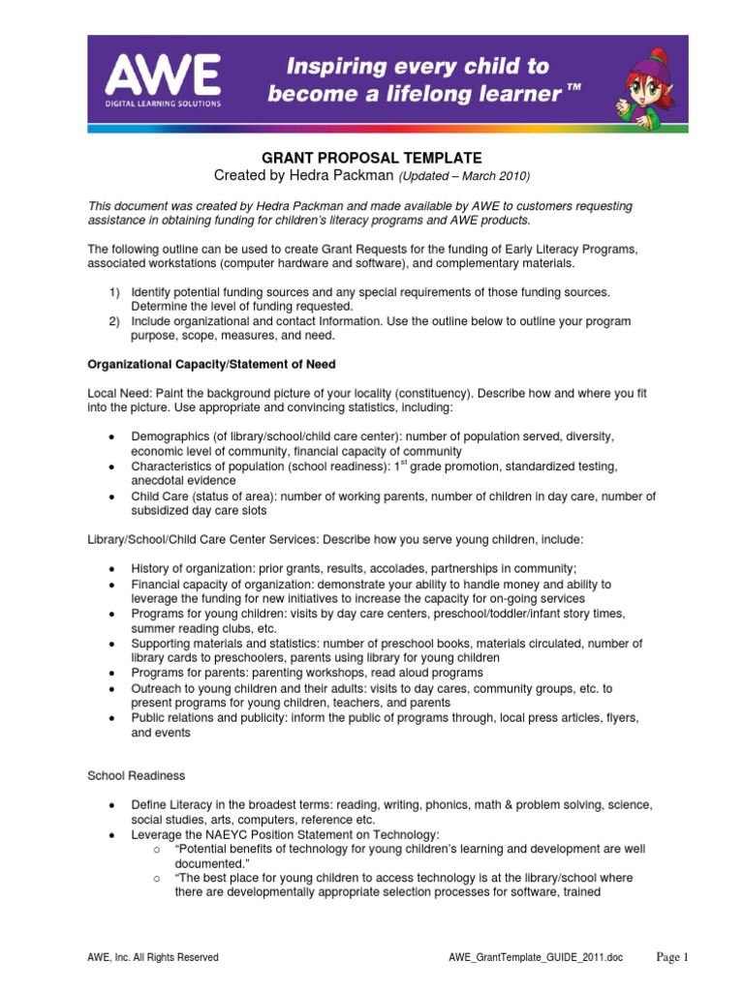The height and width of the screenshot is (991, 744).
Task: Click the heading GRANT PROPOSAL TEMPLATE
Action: tap(372, 158)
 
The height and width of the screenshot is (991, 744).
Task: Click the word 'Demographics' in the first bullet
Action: tap(169, 436)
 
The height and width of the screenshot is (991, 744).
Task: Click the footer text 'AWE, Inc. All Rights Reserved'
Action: tap(153, 957)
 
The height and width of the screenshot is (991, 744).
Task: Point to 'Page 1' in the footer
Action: tap(671, 956)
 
